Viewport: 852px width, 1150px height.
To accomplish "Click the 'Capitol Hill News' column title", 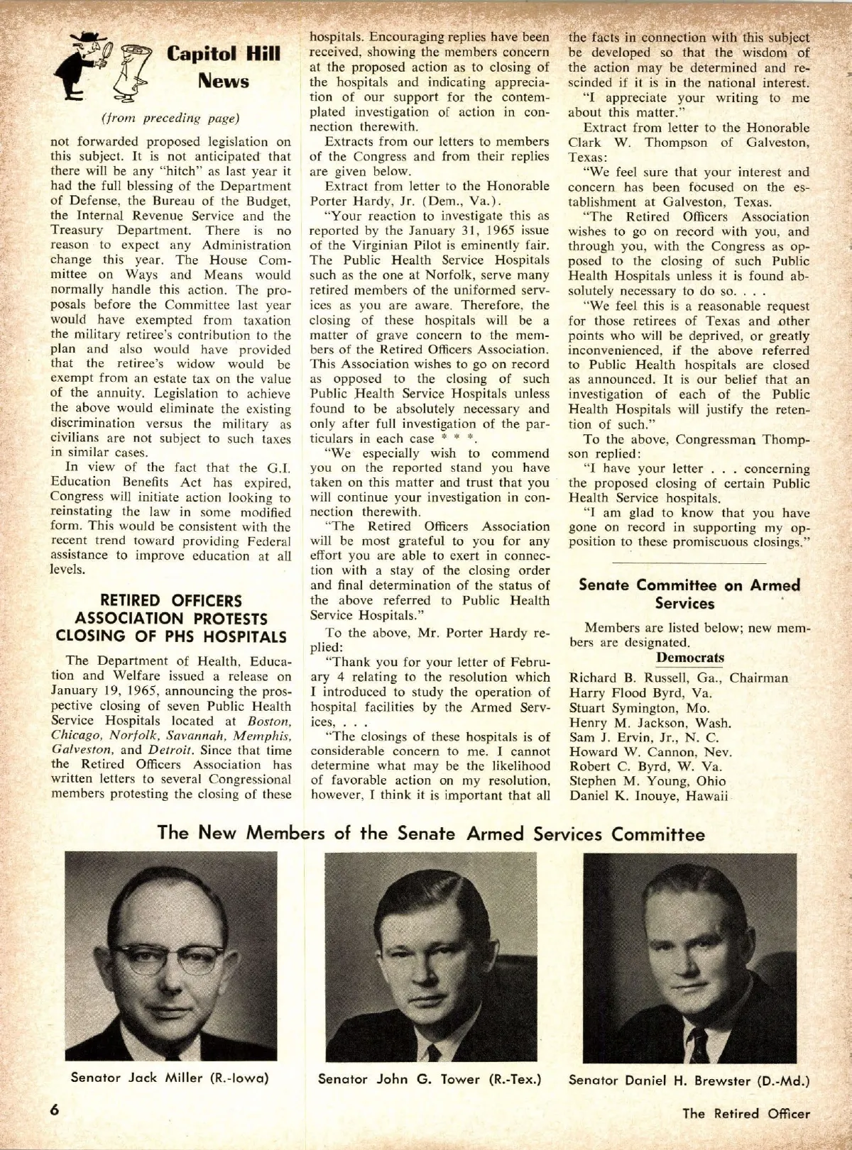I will pyautogui.click(x=223, y=67).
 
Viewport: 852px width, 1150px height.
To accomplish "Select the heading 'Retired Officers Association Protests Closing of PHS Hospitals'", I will pyautogui.click(x=171, y=618).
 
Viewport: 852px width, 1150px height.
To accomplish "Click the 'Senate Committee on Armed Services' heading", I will pyautogui.click(x=689, y=594).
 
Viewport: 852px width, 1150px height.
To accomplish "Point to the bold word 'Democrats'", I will pyautogui.click(x=689, y=657).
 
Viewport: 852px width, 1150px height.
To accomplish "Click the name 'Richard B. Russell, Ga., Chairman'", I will pyautogui.click(x=678, y=678).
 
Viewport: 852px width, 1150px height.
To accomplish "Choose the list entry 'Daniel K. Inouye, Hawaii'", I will pyautogui.click(x=649, y=796).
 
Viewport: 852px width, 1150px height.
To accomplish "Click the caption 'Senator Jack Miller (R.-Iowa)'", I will pyautogui.click(x=170, y=1078).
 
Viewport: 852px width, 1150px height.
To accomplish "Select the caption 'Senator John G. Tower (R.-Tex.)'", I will pyautogui.click(x=430, y=1079).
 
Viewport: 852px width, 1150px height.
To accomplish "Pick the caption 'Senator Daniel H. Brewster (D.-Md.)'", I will pyautogui.click(x=689, y=1080).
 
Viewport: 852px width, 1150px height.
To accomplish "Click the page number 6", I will pyautogui.click(x=54, y=1110).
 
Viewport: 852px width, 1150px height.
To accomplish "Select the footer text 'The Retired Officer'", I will pyautogui.click(x=745, y=1113).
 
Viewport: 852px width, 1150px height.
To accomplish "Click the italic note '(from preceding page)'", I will pyautogui.click(x=170, y=118).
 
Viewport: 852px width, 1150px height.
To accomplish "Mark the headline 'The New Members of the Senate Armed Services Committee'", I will pyautogui.click(x=431, y=833).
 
